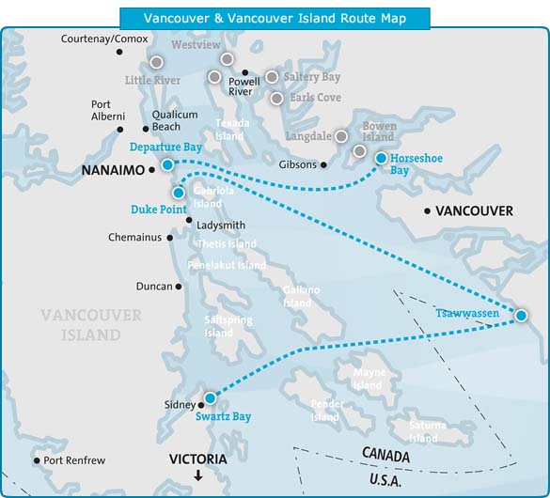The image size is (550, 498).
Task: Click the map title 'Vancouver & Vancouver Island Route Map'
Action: coord(275,18)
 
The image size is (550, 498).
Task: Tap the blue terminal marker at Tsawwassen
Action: coord(521,316)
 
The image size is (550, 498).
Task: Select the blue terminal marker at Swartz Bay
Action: coord(210,398)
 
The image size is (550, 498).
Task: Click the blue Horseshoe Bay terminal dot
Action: coord(381,158)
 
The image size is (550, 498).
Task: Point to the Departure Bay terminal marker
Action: coord(166,164)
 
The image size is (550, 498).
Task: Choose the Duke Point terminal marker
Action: coord(179,193)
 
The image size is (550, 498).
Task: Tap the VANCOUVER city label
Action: coord(476,211)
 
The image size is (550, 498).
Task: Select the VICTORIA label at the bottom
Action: coord(197,459)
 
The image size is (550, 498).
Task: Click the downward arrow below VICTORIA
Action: coord(197,476)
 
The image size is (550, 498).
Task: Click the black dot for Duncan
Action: coord(177,286)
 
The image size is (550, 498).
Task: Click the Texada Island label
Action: coord(231,129)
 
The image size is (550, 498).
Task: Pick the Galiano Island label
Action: coord(297,296)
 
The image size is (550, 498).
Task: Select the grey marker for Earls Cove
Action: coord(276,98)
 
